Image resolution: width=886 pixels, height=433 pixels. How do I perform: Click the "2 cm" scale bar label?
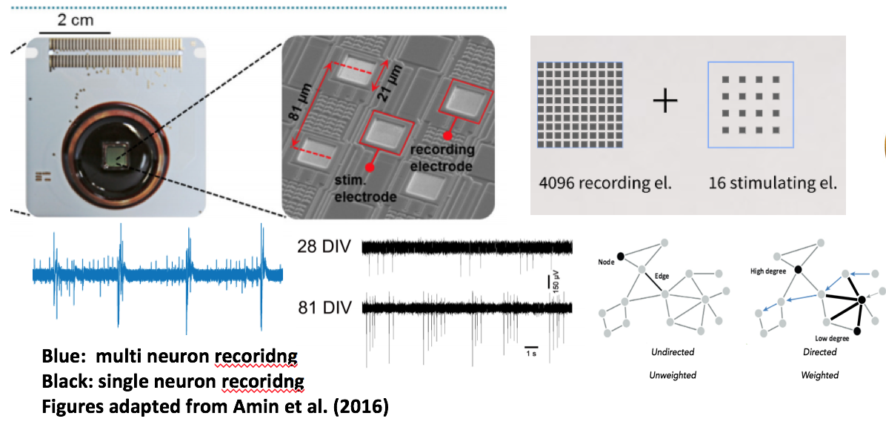[x=76, y=20]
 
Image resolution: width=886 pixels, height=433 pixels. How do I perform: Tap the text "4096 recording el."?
[x=604, y=182]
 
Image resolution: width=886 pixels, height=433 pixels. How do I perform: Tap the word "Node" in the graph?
[x=606, y=262]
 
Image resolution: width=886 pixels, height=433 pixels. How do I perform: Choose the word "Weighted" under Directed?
[x=820, y=375]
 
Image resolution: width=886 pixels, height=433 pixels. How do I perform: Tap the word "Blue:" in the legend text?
[x=63, y=358]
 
